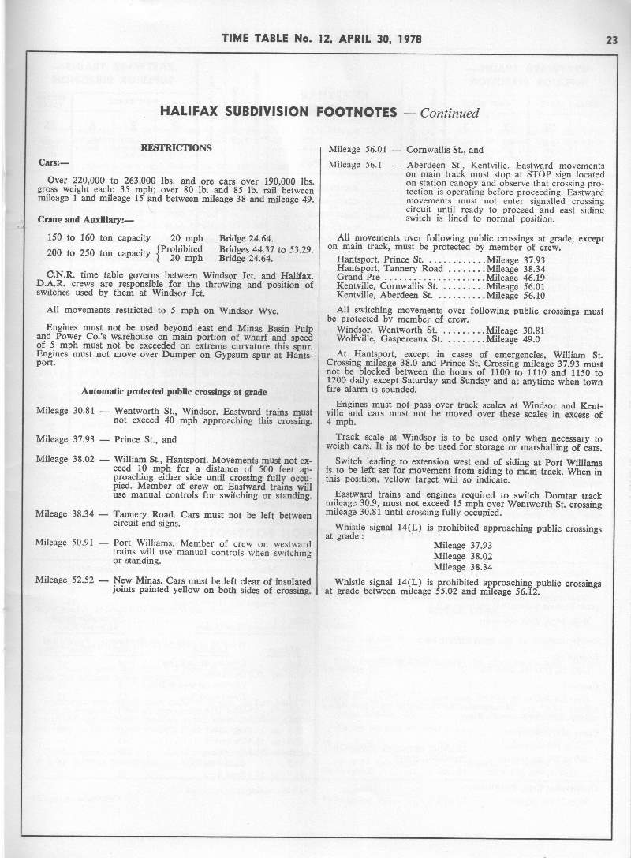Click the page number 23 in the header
[611, 40]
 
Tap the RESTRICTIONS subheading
[176, 147]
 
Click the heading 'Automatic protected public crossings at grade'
[174, 391]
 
